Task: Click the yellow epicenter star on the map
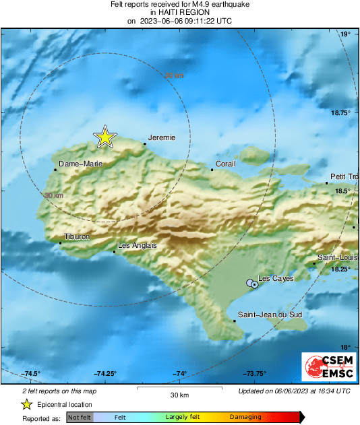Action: (x=104, y=137)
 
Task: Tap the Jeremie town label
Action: (x=162, y=137)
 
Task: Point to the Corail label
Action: (x=225, y=164)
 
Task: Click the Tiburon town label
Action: (x=76, y=236)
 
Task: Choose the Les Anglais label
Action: (x=138, y=246)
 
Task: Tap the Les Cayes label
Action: (x=276, y=278)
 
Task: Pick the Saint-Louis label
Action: (x=338, y=258)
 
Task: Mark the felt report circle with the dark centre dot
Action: (x=255, y=285)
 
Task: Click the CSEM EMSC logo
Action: (x=327, y=369)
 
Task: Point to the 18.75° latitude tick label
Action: (x=341, y=112)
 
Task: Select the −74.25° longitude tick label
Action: (x=106, y=374)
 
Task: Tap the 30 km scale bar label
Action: (x=179, y=395)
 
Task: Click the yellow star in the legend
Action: (x=26, y=404)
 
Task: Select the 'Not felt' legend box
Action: (x=79, y=418)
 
